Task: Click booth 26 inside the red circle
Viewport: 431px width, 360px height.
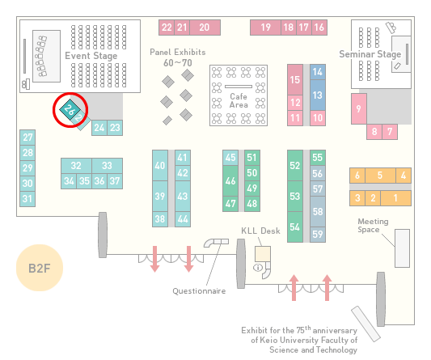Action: [x=70, y=109]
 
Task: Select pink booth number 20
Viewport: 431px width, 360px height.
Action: [x=205, y=28]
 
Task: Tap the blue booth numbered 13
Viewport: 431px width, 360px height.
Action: [x=318, y=95]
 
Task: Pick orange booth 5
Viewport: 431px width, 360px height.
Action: [x=380, y=176]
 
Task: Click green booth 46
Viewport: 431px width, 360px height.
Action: [x=230, y=180]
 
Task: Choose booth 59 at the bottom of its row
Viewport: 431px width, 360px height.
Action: [x=318, y=235]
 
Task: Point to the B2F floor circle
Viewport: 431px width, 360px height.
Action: [x=40, y=268]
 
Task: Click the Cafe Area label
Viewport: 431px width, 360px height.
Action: [x=239, y=100]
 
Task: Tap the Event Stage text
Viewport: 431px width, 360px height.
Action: [x=91, y=56]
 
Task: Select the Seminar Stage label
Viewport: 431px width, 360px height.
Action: [x=370, y=54]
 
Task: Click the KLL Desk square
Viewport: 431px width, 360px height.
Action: [x=263, y=254]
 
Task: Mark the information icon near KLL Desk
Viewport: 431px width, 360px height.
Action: [x=258, y=267]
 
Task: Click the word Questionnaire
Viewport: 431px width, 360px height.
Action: [x=199, y=291]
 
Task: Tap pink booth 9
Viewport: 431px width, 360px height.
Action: [x=359, y=108]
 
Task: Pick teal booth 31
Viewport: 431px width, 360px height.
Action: [x=27, y=198]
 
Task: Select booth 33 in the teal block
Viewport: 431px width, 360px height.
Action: [x=108, y=166]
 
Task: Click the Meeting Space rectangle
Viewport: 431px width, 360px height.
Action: [x=402, y=248]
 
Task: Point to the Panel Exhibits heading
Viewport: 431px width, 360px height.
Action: [x=178, y=52]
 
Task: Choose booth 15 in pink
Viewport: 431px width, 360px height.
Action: [x=295, y=80]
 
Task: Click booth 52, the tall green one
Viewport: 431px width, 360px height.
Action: [x=295, y=165]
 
